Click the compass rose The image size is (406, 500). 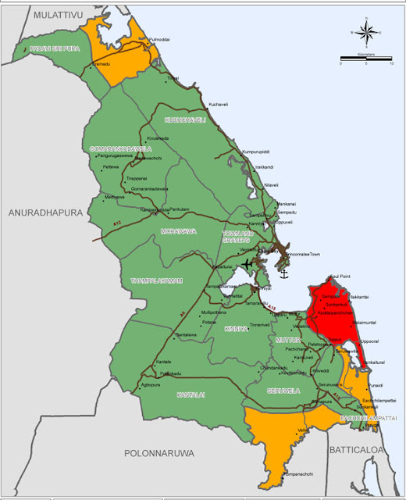pyautogui.click(x=365, y=31)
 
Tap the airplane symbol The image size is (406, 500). pyautogui.click(x=249, y=264)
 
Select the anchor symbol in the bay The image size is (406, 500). pyautogui.click(x=284, y=274)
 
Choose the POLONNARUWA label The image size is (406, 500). pyautogui.click(x=160, y=452)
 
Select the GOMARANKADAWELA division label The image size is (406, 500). pyautogui.click(x=120, y=148)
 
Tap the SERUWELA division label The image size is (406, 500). pyautogui.click(x=282, y=389)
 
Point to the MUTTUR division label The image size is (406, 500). pyautogui.click(x=288, y=341)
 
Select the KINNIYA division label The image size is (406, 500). pyautogui.click(x=236, y=329)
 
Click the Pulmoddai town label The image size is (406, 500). pyautogui.click(x=159, y=38)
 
